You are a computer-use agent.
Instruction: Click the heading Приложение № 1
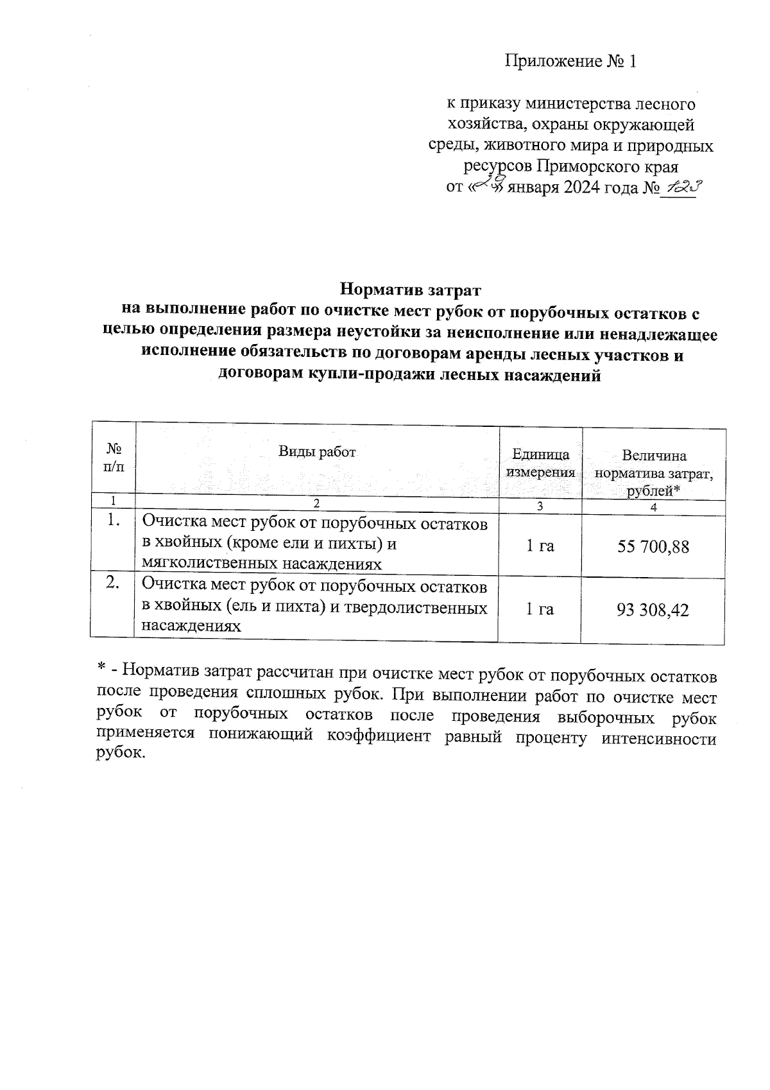point(570,62)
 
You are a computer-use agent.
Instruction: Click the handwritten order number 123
point(681,187)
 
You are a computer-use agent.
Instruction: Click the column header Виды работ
point(316,451)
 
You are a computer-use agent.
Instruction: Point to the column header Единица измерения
point(540,463)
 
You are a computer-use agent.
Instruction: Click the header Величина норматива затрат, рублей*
point(654,473)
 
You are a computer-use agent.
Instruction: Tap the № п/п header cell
point(113,457)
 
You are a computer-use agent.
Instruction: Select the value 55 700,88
point(653,547)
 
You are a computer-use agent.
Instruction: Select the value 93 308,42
point(653,610)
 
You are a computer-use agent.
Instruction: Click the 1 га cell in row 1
point(540,546)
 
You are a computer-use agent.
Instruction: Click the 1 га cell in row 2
point(540,609)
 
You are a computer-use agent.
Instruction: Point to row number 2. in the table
point(112,583)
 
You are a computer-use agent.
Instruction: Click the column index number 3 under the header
point(540,506)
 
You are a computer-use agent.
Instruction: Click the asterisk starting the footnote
point(101,670)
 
